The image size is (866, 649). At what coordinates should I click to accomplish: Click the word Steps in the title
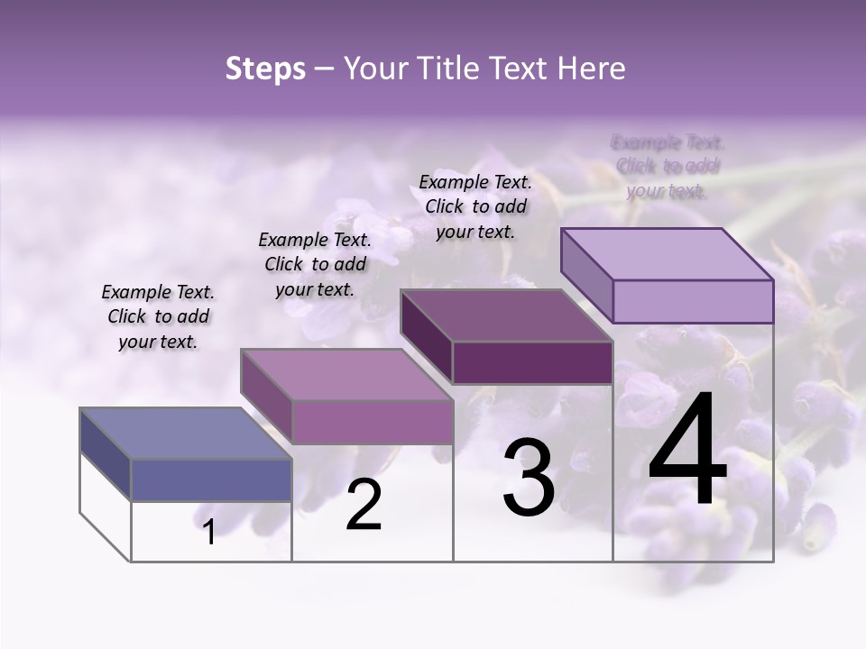coord(264,69)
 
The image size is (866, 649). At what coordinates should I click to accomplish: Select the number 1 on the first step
coord(209,532)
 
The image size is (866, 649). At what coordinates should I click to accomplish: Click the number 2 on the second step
coord(364,506)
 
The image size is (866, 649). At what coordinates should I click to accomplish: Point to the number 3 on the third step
coord(529,478)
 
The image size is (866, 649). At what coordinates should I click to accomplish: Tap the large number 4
coord(687,451)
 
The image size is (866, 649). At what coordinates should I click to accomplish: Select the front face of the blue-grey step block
coord(211,480)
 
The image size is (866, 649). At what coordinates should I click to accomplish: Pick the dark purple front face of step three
coord(532,363)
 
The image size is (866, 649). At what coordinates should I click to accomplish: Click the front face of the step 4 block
coord(693,301)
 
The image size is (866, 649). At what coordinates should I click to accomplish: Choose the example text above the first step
coord(158,316)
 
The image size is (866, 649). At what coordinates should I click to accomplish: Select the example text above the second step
coord(315,264)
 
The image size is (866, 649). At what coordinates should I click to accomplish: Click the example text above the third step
coord(475,206)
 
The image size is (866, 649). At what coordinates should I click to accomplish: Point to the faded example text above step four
coord(668,166)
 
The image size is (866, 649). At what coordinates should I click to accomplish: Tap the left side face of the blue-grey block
coord(106,454)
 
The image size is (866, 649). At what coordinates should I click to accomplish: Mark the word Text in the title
coord(520,69)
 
